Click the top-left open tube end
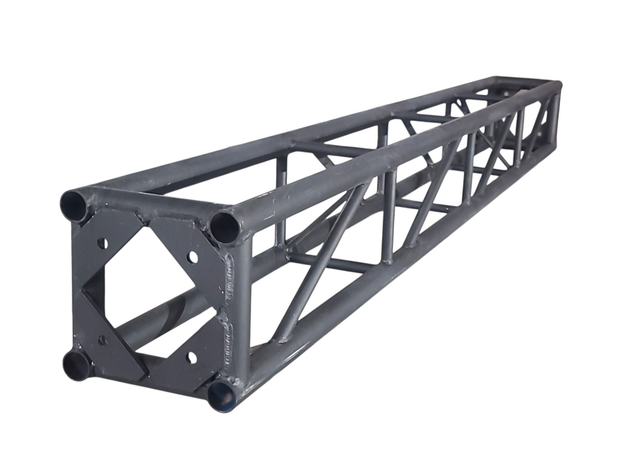(x=74, y=205)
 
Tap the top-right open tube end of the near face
(x=224, y=227)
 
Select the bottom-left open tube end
(x=77, y=365)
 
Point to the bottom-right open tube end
(x=222, y=396)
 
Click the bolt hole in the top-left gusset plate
(x=102, y=243)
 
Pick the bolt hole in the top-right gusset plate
(x=192, y=256)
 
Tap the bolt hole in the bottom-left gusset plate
(x=103, y=340)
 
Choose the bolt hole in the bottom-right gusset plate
(x=192, y=357)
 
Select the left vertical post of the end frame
(x=77, y=286)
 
